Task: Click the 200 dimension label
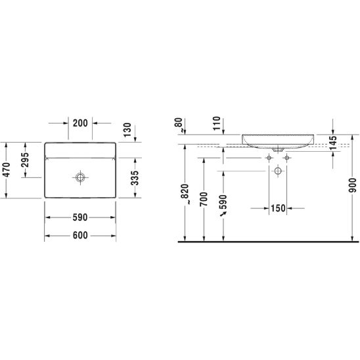80,124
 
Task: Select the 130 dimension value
127,130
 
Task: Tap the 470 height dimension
7,170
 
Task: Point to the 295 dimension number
25,160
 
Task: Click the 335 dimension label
135,178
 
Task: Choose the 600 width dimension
80,235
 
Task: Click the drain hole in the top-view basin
80,177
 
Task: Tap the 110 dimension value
217,124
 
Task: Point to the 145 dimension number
333,143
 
